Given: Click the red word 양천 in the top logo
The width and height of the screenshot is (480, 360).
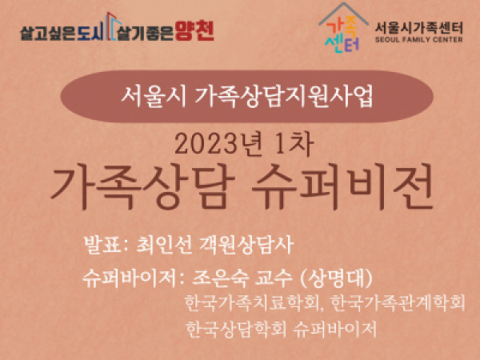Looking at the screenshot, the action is tap(194, 31).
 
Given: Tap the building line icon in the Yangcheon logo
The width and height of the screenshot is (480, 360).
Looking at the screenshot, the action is tap(112, 26).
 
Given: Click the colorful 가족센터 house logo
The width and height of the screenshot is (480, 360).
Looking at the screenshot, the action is tap(343, 27).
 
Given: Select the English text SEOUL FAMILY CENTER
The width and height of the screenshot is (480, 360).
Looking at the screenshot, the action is tap(418, 39).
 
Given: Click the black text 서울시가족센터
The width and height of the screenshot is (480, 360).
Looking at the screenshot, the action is tap(418, 28).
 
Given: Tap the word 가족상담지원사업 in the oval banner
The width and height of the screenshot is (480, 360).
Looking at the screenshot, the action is tap(283, 97).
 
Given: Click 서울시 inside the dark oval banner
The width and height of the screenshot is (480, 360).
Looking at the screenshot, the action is tap(154, 97).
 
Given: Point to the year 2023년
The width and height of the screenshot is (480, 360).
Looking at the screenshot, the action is tap(218, 145).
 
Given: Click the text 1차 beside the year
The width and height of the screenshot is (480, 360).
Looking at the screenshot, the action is tap(294, 145).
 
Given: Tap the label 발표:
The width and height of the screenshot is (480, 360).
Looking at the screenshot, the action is tap(106, 246).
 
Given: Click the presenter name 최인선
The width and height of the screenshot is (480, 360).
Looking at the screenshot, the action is tap(164, 246).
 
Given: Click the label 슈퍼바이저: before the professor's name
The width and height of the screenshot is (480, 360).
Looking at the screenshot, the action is tap(134, 278).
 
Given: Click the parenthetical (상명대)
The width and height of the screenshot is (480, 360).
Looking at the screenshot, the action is tap(337, 278).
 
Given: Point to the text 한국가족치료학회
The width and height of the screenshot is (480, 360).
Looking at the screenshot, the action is tap(252, 303).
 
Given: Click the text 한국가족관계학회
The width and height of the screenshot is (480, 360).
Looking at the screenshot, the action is tap(398, 302).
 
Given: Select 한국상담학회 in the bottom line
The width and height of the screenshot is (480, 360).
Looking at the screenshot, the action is tap(236, 329).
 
